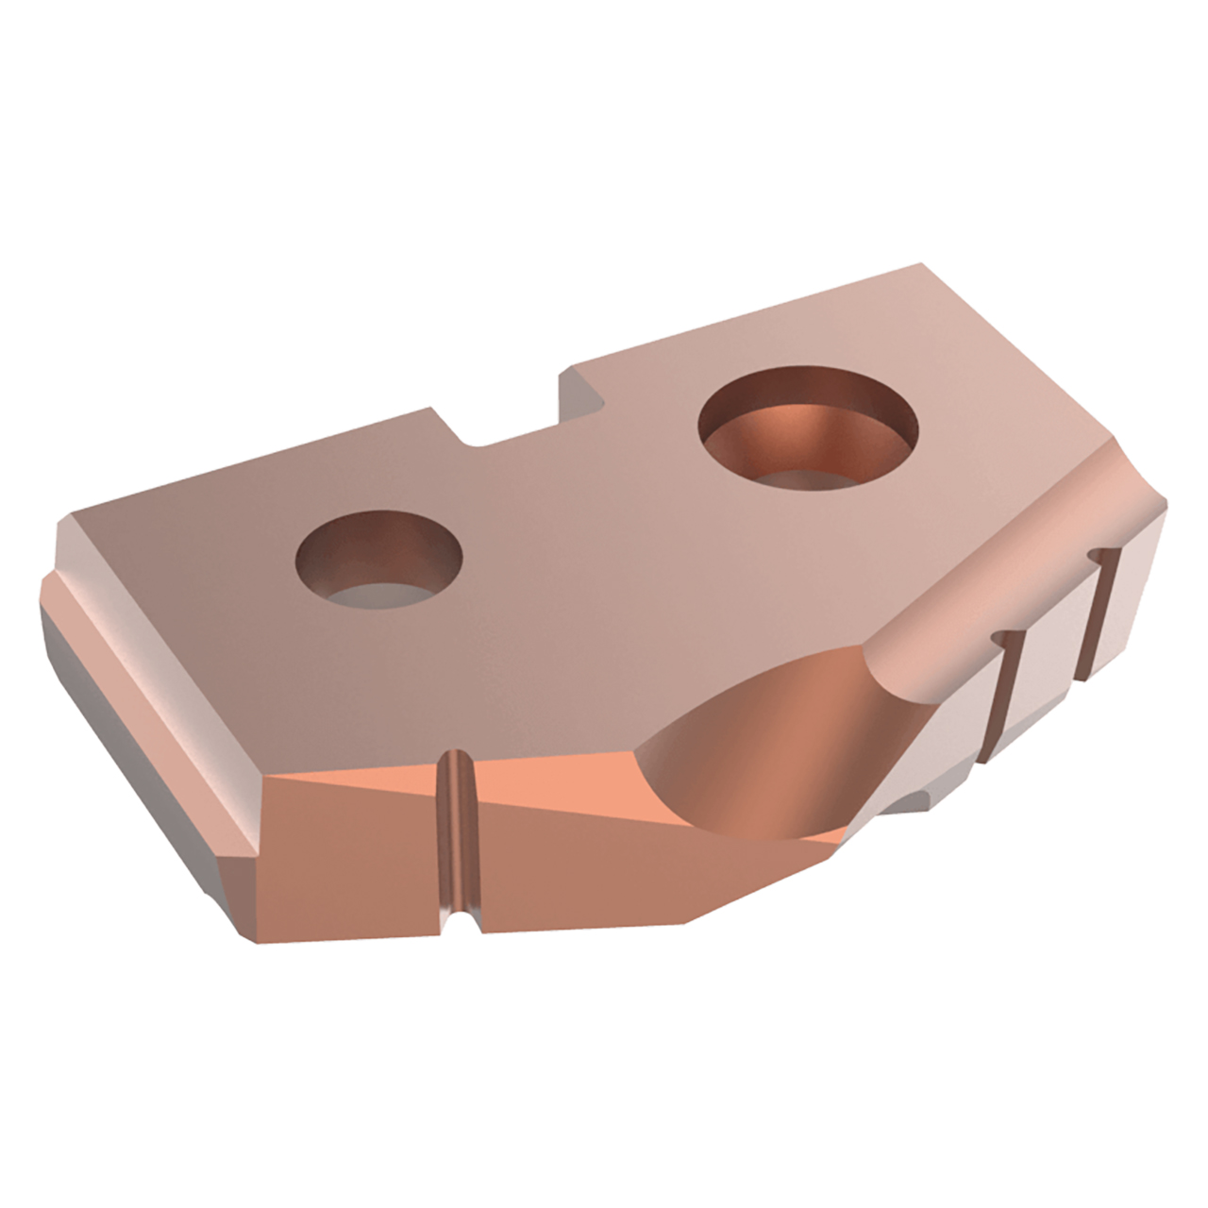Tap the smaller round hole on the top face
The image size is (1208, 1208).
379,560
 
